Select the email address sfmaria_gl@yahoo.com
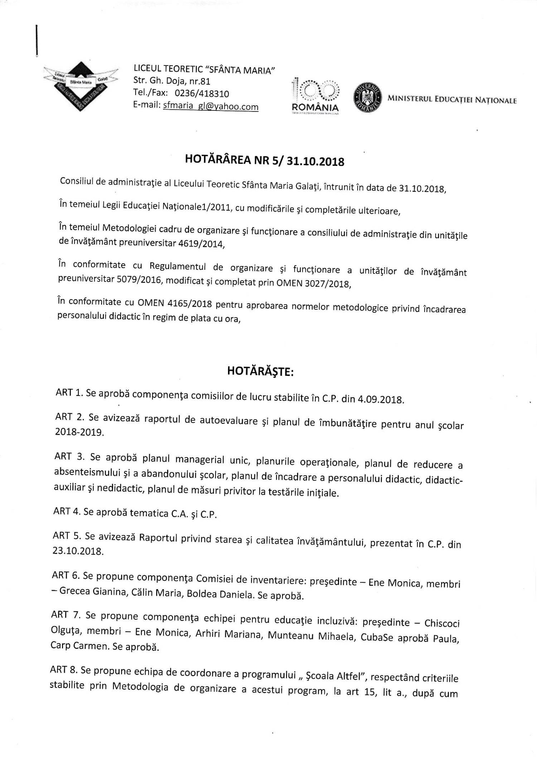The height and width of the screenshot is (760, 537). coord(211,106)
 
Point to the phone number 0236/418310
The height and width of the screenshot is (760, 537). coord(202,94)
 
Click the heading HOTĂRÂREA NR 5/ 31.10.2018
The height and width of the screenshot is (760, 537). coord(265,160)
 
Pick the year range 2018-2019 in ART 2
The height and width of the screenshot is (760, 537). coord(79,432)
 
